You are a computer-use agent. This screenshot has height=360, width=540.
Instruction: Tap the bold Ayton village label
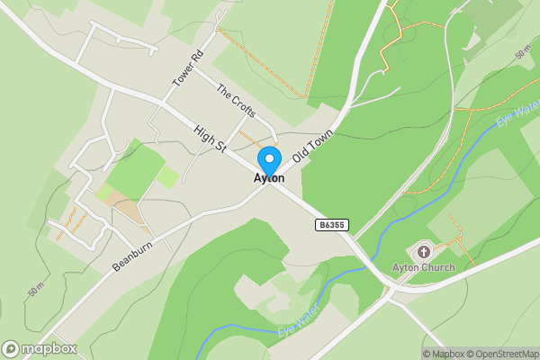tap(269, 179)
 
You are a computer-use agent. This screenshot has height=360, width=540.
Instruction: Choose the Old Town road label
tap(314, 144)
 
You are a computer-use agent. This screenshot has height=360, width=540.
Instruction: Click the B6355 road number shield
tap(331, 224)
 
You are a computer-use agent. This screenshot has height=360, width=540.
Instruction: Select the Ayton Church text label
tap(424, 267)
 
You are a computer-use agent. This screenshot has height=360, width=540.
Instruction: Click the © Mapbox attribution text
tap(443, 354)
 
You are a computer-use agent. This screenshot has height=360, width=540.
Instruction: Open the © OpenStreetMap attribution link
tap(501, 354)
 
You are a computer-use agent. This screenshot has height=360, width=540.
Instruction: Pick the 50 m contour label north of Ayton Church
tap(525, 53)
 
